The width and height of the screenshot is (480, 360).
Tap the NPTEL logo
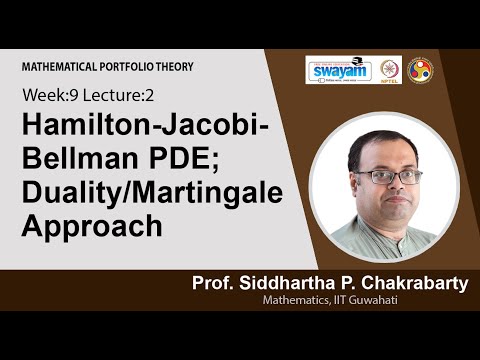pyautogui.click(x=388, y=71)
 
